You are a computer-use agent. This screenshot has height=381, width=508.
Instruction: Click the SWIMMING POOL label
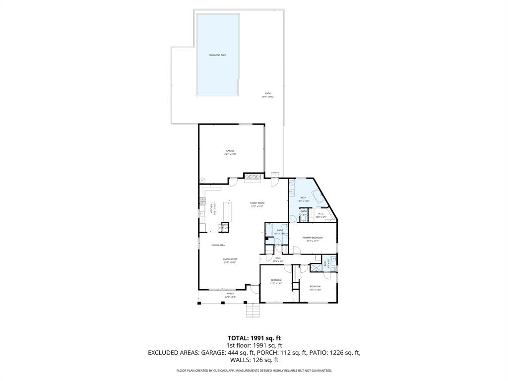pyautogui.click(x=218, y=55)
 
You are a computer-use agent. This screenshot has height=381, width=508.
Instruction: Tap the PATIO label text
pyautogui.click(x=268, y=93)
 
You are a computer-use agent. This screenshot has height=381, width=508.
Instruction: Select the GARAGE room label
pyautogui.click(x=230, y=151)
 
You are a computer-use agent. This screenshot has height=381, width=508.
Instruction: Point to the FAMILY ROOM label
pyautogui.click(x=257, y=203)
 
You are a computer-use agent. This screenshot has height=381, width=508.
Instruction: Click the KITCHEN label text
pyautogui.click(x=212, y=208)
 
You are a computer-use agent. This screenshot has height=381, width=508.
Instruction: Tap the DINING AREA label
pyautogui.click(x=219, y=245)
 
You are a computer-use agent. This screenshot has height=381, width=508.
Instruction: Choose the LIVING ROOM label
pyautogui.click(x=230, y=259)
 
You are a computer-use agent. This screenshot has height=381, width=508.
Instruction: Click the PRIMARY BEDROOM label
pyautogui.click(x=313, y=238)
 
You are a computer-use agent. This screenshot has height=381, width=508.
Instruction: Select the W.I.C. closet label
pyautogui.click(x=321, y=214)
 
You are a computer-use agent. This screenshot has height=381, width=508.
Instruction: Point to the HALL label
pyautogui.click(x=278, y=258)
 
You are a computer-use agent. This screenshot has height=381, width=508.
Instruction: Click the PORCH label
pyautogui.click(x=230, y=293)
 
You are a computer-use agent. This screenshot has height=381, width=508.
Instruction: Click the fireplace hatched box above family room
pyautogui.click(x=253, y=176)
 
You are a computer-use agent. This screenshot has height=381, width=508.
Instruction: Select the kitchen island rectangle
pyautogui.click(x=228, y=211)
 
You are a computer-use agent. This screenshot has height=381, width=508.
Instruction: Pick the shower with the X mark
pyautogui.click(x=314, y=267)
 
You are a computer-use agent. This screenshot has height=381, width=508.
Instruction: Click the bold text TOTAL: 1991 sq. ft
pyautogui.click(x=254, y=338)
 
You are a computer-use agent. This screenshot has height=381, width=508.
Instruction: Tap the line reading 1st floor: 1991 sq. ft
pyautogui.click(x=254, y=345)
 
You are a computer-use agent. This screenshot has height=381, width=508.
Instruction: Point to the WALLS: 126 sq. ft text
pyautogui.click(x=254, y=361)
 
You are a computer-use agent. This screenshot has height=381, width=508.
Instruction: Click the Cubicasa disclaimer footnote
pyautogui.click(x=254, y=371)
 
